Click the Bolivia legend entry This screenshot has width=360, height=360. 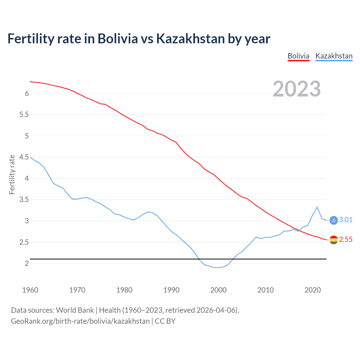pos(298,56)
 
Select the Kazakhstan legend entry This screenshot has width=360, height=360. pos(334,56)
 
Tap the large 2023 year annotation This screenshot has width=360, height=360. pos(297,89)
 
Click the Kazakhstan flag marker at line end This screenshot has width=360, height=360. pos(334,220)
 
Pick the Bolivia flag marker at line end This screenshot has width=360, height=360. pos(334,240)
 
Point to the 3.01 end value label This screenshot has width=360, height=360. pos(346,220)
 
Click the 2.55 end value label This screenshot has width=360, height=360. pos(346,239)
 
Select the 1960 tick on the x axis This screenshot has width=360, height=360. pos(30,290)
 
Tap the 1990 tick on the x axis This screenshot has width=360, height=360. pos(171,290)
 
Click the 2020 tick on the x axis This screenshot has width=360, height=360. pos(312,290)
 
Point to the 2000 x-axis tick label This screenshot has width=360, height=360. pos(218,290)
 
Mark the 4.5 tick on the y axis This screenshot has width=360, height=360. pos(24,157)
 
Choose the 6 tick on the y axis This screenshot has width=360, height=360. pos(27,93)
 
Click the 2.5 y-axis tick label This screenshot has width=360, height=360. pos(24,242)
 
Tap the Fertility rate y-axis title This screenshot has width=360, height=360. pos(12,174)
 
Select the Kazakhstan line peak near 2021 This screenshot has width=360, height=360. pos(317,207)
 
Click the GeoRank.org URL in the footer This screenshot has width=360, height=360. pos(80,321)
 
